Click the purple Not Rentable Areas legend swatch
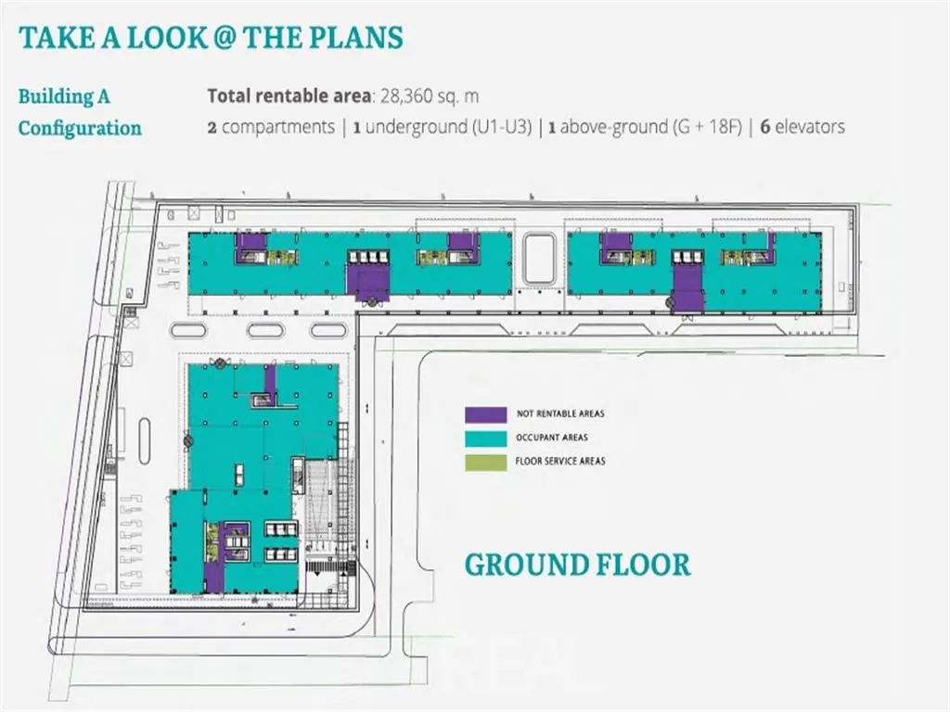tap(485, 414)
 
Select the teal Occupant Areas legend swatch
tap(485, 439)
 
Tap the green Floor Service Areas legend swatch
tap(485, 462)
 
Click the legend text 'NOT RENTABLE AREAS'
tap(560, 414)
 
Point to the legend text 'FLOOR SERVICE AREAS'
tap(560, 462)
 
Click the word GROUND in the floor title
tap(527, 565)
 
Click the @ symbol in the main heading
tap(224, 37)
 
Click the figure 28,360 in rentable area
tap(410, 96)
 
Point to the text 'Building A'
tap(64, 96)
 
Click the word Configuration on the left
tap(80, 128)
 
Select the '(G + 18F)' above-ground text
tap(707, 127)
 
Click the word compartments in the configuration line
tap(278, 128)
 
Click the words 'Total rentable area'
tap(289, 96)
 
